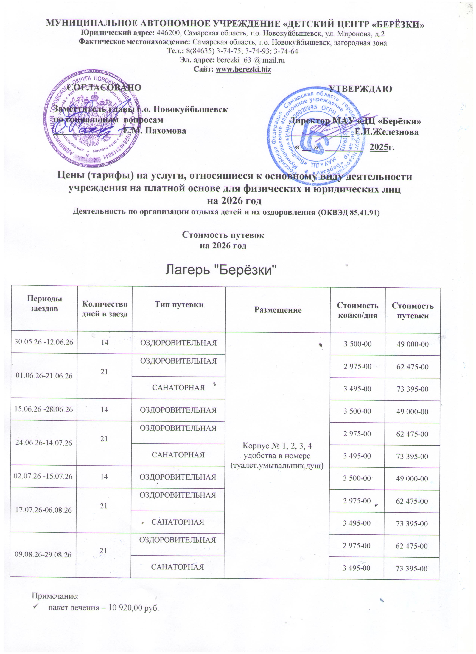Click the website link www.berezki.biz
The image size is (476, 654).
click(243, 69)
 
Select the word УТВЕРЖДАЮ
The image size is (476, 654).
click(360, 89)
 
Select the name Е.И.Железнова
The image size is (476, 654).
click(387, 132)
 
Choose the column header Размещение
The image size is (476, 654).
click(278, 310)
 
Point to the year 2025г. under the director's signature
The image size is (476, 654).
click(382, 147)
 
